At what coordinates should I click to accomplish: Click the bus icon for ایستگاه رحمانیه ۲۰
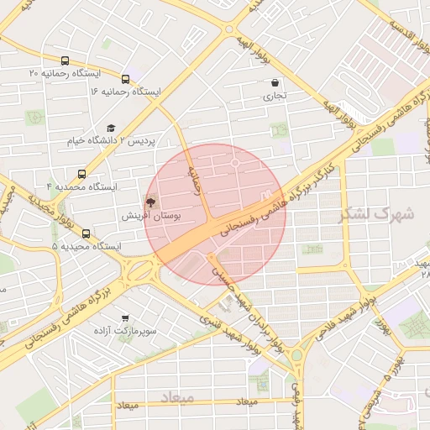point(66,61)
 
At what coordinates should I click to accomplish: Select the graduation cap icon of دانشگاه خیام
point(110,127)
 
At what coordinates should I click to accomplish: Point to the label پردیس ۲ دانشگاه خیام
point(113,140)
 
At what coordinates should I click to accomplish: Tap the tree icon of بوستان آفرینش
point(151,202)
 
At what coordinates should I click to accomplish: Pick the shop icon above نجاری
point(276,82)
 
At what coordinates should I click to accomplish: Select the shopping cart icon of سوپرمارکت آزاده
point(125,318)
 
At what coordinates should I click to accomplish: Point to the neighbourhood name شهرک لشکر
point(377,214)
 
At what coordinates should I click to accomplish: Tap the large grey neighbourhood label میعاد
point(176,396)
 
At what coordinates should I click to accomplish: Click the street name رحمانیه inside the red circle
point(197,179)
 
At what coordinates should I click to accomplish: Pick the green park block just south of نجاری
point(277,131)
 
